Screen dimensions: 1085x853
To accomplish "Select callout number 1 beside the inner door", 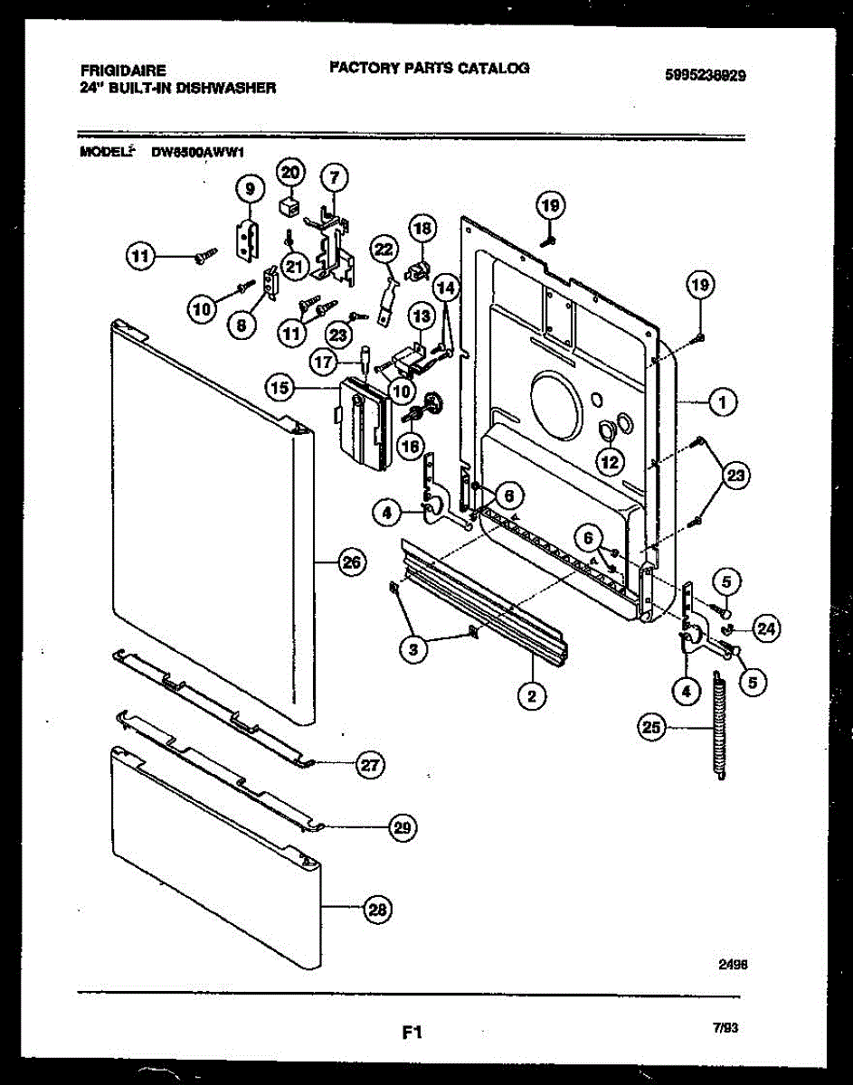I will click(x=723, y=404).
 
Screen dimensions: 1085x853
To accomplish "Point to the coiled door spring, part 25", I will click(x=720, y=722).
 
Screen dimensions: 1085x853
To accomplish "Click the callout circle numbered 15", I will click(x=280, y=388).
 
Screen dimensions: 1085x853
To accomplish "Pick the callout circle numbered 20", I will click(x=291, y=173).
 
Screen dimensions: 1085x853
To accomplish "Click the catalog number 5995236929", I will click(x=705, y=76).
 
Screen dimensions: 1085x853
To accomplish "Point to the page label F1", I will click(x=412, y=1032).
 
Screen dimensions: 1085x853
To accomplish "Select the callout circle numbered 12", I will click(x=611, y=460).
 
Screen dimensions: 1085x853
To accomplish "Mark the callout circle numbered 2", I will click(x=531, y=695).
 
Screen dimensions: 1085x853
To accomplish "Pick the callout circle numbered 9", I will click(x=250, y=188).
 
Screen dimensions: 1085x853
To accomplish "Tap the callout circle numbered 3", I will click(x=415, y=648).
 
